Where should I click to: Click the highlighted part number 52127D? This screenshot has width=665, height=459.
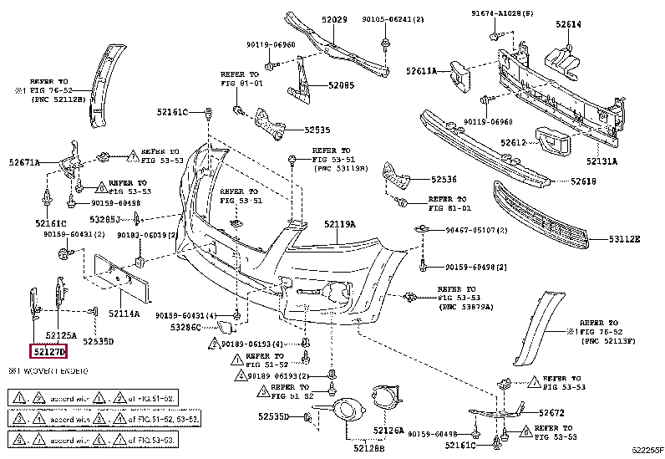[50, 353]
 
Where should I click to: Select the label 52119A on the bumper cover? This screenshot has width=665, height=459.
[340, 224]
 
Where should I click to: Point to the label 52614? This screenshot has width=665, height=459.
[567, 24]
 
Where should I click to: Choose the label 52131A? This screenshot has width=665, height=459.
[601, 161]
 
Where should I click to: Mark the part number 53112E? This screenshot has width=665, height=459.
[624, 239]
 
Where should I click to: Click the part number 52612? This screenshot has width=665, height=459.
[514, 143]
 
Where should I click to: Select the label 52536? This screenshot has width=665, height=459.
[444, 179]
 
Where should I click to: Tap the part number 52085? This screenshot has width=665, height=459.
[341, 84]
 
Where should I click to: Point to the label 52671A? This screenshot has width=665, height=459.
[24, 162]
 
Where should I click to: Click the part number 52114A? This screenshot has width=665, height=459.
[124, 314]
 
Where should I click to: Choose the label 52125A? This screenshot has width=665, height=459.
[61, 334]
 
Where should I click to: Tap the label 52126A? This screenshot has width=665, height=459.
[388, 431]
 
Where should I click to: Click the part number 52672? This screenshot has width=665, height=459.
[552, 412]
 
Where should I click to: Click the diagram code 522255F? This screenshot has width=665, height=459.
[647, 451]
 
